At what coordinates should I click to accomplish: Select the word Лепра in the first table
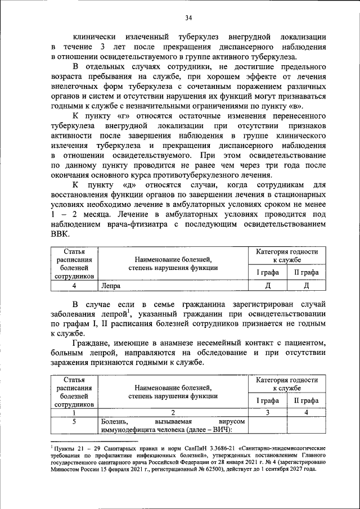click(x=111, y=285)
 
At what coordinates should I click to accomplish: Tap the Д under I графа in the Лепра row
click(x=268, y=285)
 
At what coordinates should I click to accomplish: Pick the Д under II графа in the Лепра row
click(x=306, y=285)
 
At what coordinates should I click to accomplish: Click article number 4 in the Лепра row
click(x=74, y=285)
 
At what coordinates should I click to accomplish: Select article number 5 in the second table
click(x=74, y=421)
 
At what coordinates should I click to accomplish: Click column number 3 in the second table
click(x=268, y=412)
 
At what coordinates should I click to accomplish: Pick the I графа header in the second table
click(x=268, y=400)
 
